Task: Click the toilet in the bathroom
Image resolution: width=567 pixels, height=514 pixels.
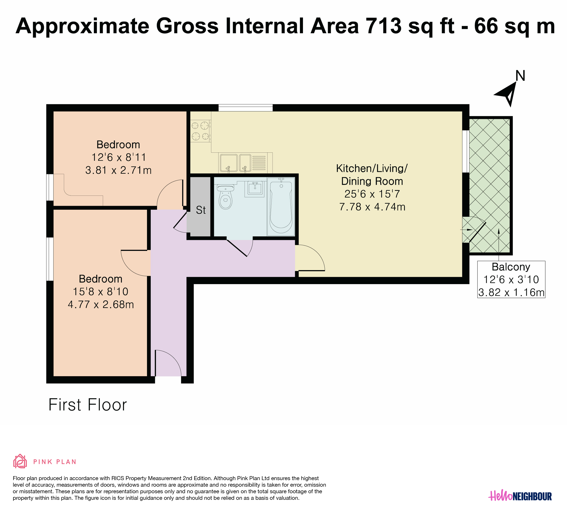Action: tap(225, 197)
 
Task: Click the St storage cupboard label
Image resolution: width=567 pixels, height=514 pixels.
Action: tap(201, 210)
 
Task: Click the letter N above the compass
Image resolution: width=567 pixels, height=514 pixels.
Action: tap(520, 76)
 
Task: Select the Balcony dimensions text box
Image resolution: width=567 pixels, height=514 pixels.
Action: tap(511, 279)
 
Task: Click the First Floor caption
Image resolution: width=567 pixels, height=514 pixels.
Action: tap(88, 405)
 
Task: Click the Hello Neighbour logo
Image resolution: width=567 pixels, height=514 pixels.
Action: tap(520, 496)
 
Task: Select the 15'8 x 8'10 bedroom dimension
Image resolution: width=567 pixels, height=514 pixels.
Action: tap(100, 292)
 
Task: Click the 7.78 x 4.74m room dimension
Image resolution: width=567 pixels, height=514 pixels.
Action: tap(372, 207)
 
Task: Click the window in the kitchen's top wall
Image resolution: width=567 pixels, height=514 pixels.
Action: tap(245, 108)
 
